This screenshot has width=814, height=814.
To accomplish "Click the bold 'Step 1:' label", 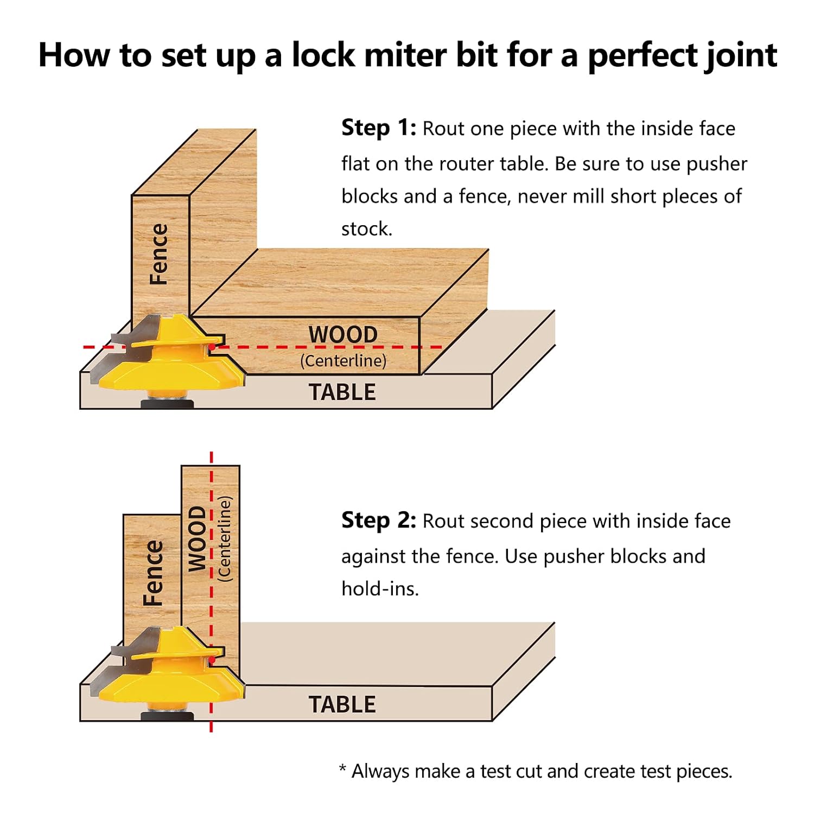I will pyautogui.click(x=378, y=129).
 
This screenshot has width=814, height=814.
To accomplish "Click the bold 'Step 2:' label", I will pyautogui.click(x=378, y=520).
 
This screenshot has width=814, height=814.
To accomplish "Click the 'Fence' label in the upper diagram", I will pyautogui.click(x=159, y=254).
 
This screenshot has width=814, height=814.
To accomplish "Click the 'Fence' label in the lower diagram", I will pyautogui.click(x=152, y=573).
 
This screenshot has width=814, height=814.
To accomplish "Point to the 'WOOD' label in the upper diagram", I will pyautogui.click(x=343, y=335).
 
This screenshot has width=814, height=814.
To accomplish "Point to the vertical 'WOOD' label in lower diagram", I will pyautogui.click(x=197, y=539).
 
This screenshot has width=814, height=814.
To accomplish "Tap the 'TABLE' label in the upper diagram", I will pyautogui.click(x=342, y=392).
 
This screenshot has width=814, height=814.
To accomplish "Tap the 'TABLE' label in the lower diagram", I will pyautogui.click(x=342, y=705).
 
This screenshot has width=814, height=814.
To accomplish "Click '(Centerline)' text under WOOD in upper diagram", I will pyautogui.click(x=343, y=361).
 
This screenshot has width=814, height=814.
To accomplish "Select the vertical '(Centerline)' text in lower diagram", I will pyautogui.click(x=224, y=539).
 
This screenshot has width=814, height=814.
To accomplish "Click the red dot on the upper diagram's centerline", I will pyautogui.click(x=212, y=347).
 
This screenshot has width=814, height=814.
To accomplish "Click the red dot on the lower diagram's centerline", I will pyautogui.click(x=212, y=660).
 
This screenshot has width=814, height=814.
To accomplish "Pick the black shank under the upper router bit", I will pyautogui.click(x=167, y=404).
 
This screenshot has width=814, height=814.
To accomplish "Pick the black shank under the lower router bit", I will pyautogui.click(x=167, y=716).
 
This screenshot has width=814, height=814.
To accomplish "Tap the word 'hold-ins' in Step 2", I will pyautogui.click(x=379, y=589).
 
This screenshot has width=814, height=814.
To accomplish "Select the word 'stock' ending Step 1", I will pyautogui.click(x=365, y=229).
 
